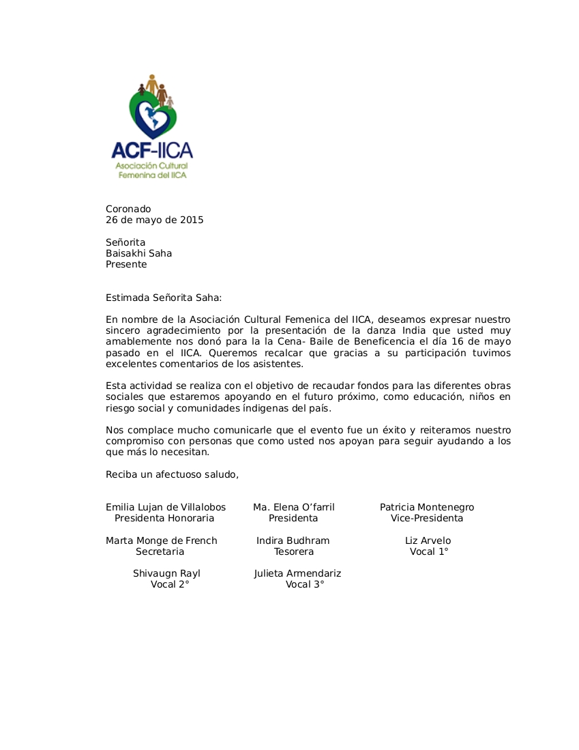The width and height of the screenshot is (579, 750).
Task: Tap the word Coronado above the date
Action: point(128,209)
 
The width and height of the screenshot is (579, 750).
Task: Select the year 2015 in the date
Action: point(192,220)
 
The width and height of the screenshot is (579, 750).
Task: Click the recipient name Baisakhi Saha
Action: point(138,253)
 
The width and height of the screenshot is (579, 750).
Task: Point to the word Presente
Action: point(126,264)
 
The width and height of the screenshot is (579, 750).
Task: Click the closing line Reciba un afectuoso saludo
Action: point(172,474)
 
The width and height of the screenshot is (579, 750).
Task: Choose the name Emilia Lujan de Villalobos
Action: point(165,507)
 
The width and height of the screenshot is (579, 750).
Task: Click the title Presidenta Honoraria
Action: point(164,518)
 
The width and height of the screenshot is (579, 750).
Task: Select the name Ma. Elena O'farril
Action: point(293,507)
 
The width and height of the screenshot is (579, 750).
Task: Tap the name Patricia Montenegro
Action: point(426,507)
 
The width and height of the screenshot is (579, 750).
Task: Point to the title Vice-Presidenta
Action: point(426,518)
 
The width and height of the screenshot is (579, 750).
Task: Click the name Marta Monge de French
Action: point(161,540)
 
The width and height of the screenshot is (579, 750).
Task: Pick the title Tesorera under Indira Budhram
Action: point(293,551)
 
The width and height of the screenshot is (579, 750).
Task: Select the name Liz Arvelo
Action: point(428,540)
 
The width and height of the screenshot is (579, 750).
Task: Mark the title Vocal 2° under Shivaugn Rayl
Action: point(170,584)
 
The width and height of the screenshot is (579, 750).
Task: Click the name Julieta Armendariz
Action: point(297,573)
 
